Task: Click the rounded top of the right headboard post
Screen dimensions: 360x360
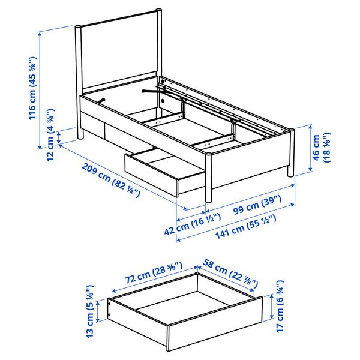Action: coord(158,10)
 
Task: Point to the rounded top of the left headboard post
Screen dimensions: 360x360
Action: coord(78,27)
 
